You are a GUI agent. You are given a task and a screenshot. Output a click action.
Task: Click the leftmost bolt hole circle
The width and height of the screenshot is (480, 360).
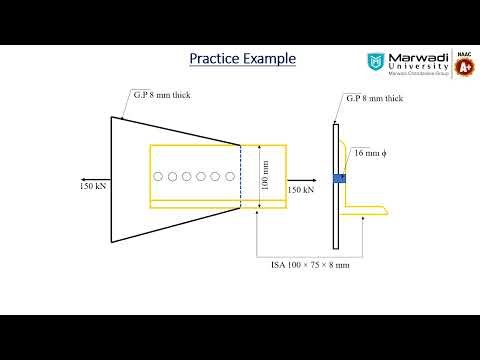pyautogui.click(x=158, y=177)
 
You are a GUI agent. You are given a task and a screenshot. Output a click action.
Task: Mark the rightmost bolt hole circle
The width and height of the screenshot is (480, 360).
pyautogui.click(x=230, y=177)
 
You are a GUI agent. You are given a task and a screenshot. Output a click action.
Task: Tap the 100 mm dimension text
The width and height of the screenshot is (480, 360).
pyautogui.click(x=264, y=177)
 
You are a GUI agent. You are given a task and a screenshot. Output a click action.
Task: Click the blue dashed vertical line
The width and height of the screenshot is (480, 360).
pyautogui.click(x=240, y=176)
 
